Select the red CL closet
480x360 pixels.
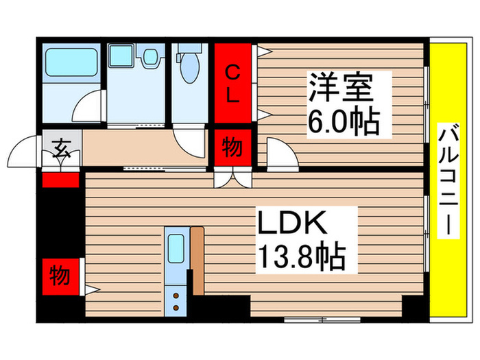233,84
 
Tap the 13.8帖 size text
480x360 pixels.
300,258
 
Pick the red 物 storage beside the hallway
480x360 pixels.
232,147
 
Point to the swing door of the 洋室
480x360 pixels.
280,152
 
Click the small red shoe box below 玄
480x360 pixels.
61,180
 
